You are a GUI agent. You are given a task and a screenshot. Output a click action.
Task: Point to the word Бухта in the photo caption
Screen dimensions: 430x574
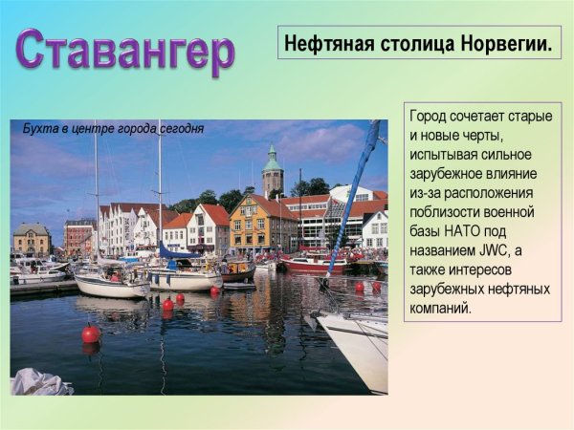[x=39, y=129]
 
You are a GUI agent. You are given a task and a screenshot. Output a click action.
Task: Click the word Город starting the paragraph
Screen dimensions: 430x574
[x=430, y=116]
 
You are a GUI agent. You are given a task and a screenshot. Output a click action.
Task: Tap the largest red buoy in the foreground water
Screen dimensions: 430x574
[x=91, y=333]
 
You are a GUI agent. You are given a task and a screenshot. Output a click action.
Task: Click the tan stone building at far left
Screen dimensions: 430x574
[x=32, y=239]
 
